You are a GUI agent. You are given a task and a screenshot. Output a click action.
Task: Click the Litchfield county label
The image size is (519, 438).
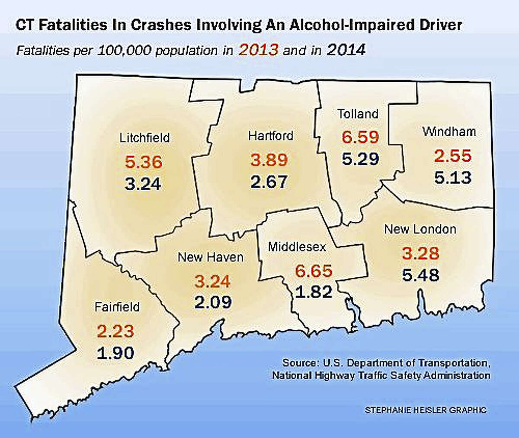(144, 138)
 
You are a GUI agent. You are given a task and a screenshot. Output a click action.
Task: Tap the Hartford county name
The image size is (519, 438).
(270, 136)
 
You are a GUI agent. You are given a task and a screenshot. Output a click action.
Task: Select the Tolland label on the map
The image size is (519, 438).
(358, 114)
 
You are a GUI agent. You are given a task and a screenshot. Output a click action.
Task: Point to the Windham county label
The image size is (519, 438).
(449, 132)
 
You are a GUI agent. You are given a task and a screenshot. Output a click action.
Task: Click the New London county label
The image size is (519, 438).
(420, 229)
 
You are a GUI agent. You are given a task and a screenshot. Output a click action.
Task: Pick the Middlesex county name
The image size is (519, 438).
(297, 247)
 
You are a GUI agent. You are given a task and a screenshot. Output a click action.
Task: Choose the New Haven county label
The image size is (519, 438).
(211, 257)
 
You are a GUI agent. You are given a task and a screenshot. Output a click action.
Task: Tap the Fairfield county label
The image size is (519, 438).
(117, 307)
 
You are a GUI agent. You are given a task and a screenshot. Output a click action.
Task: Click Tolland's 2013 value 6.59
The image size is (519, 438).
(360, 137)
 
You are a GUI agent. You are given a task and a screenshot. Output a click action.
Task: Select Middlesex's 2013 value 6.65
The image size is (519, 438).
(314, 272)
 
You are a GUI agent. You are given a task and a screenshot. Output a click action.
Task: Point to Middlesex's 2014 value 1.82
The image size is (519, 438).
(314, 292)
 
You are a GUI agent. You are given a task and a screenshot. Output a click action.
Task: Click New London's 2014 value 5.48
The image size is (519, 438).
(420, 275)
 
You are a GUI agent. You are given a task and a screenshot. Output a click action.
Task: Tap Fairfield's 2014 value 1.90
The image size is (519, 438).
(115, 353)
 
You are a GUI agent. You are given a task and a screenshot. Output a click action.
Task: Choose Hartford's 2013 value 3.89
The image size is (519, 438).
(269, 160)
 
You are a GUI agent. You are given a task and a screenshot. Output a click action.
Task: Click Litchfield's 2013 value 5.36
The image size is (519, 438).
(144, 163)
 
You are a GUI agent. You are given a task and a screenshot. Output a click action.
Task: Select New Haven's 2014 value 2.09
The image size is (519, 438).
(213, 302)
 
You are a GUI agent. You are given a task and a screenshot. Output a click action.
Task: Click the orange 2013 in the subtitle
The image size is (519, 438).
(258, 50)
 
